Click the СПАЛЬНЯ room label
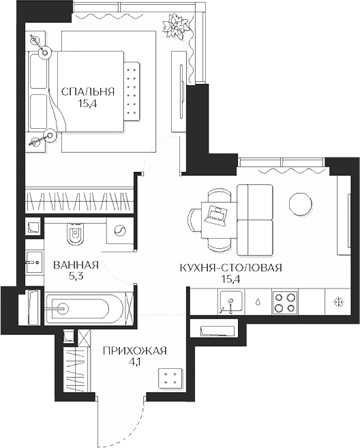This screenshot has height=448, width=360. coord(88,92)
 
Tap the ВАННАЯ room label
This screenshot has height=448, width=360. coord(76,265)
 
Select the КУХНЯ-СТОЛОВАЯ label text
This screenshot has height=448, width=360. coord(231,268)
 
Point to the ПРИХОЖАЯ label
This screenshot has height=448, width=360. coord(134,350)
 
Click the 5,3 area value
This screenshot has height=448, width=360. coord(76,277)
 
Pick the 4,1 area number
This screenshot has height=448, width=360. coord(135,362)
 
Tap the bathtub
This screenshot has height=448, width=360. coord(85,308)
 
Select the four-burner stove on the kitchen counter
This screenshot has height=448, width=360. coord(284,302)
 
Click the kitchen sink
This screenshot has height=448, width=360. coord(231,301)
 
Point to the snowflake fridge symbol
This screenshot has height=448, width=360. coord(340,302)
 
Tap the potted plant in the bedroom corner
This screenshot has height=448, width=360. coord(176,25)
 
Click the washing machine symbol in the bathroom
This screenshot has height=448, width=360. coord(119,230)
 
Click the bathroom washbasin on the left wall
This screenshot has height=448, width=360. coord(33,263)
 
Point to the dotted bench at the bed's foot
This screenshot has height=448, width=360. coord(132,91)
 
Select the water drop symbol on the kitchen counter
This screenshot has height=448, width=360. coord(258,302)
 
